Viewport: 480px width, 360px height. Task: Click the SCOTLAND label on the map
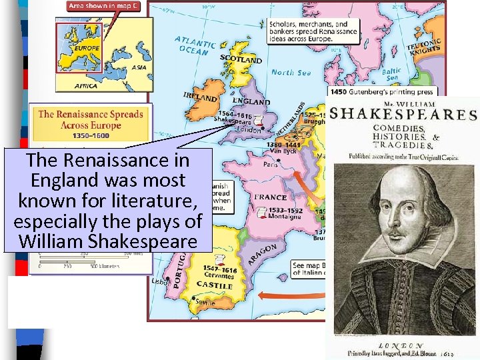point(241,59)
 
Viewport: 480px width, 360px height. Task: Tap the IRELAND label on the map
point(201,97)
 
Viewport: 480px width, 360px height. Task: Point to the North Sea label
point(291,72)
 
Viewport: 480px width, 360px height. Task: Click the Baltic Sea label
point(392,74)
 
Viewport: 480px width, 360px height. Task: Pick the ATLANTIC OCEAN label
point(195,45)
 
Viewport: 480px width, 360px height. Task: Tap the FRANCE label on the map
point(270,197)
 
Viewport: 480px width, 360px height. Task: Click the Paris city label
point(271,164)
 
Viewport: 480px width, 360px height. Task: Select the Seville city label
point(205,302)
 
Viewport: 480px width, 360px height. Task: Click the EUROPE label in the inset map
point(87,48)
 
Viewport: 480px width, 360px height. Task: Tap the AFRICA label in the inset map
point(86,85)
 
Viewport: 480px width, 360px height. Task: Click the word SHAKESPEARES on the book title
point(403,114)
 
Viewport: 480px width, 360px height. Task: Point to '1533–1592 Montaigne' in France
point(283,214)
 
